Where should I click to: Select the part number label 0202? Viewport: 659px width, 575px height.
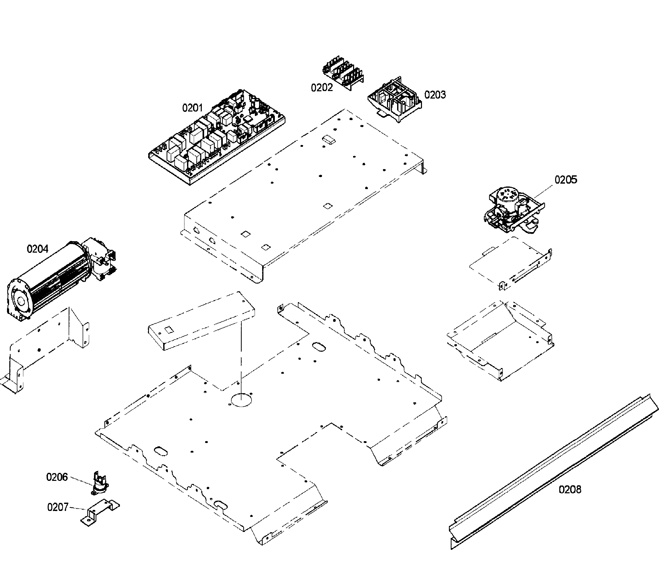pyautogui.click(x=322, y=87)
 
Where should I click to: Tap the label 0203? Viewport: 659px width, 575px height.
pyautogui.click(x=435, y=95)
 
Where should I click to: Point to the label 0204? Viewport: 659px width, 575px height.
pyautogui.click(x=38, y=249)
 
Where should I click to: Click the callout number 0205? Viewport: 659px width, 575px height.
pyautogui.click(x=566, y=180)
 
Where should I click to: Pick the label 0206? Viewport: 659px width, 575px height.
pyautogui.click(x=57, y=477)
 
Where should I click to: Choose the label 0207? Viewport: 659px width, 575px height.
pyautogui.click(x=58, y=507)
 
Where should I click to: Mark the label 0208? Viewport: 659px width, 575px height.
pyautogui.click(x=570, y=489)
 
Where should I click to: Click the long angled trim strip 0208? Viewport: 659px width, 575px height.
pyautogui.click(x=551, y=475)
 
